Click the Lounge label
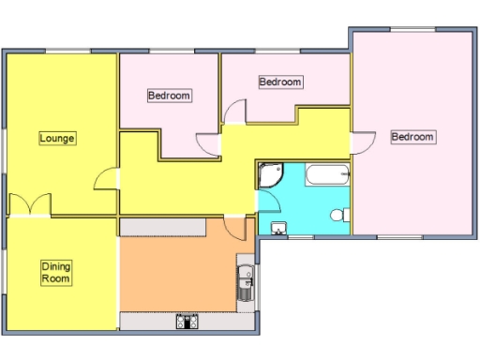(57, 139)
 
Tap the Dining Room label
(56, 273)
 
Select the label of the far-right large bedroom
(412, 137)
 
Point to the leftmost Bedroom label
(170, 96)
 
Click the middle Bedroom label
(280, 82)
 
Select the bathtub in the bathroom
(327, 173)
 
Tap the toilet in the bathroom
(340, 216)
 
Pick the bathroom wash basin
(277, 229)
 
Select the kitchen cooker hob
(186, 322)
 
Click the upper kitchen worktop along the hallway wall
(163, 228)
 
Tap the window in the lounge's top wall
(62, 51)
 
